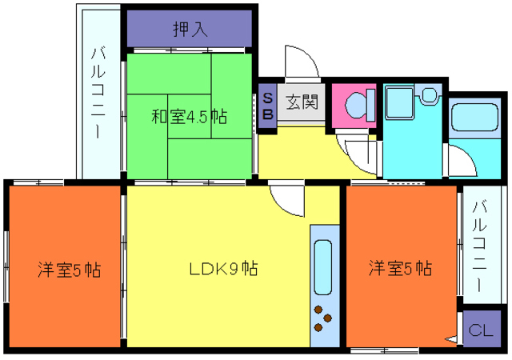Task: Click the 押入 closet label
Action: [190, 29]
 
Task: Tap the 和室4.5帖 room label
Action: [189, 117]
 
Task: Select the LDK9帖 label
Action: [223, 269]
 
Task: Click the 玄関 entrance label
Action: [302, 102]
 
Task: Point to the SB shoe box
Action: [268, 106]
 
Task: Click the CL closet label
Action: [481, 330]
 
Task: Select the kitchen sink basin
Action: [323, 267]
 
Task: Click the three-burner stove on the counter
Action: [322, 318]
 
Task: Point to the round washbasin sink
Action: [429, 94]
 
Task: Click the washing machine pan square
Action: [400, 102]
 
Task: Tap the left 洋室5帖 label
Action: [69, 270]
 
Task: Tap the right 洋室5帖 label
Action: [400, 268]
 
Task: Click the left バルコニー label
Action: [98, 93]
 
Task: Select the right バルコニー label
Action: [479, 246]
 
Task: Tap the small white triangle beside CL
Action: [451, 340]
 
